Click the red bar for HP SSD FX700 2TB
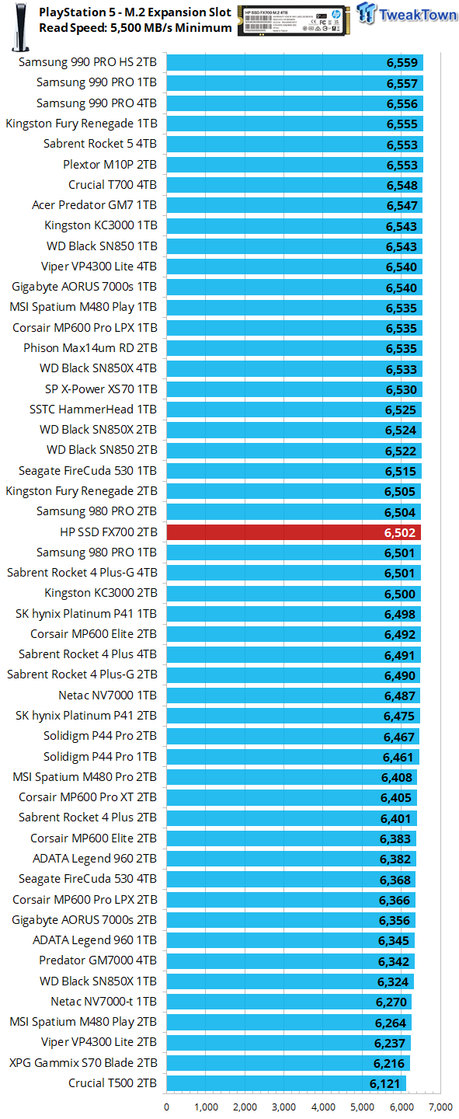(x=294, y=532)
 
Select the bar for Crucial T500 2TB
(x=286, y=1083)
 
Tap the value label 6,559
(x=402, y=64)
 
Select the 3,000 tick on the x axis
(x=284, y=1107)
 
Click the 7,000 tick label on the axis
(x=440, y=1107)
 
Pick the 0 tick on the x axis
(x=167, y=1107)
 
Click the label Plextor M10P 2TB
(x=110, y=165)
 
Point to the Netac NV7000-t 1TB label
(x=103, y=1002)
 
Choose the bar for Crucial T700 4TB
(x=294, y=185)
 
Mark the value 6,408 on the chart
(x=396, y=777)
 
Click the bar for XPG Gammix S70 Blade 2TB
(x=288, y=1063)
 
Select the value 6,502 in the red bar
(x=399, y=533)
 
